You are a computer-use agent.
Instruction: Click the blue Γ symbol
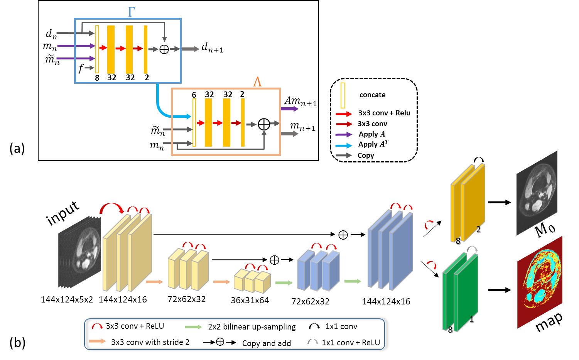click(131, 12)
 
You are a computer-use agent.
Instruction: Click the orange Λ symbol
click(257, 82)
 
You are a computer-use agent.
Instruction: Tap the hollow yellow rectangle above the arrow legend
click(343, 95)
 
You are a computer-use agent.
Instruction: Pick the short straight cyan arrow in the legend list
click(344, 146)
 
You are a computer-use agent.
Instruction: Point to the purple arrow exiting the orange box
click(289, 109)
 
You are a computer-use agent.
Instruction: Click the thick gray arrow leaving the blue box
click(190, 49)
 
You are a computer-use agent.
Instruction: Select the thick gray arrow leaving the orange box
click(289, 134)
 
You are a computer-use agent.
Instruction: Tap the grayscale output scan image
click(537, 193)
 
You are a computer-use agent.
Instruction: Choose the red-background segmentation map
click(540, 282)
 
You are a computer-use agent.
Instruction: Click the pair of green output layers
click(461, 292)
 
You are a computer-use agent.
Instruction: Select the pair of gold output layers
click(468, 203)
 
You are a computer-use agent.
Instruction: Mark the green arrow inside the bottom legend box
click(194, 327)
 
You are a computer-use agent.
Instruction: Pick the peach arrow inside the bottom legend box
click(98, 341)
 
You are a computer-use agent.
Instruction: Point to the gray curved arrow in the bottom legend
click(313, 341)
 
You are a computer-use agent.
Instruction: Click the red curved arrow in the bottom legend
click(97, 326)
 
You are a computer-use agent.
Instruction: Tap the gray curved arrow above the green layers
click(472, 249)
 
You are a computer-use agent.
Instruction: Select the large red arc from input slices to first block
click(111, 208)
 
